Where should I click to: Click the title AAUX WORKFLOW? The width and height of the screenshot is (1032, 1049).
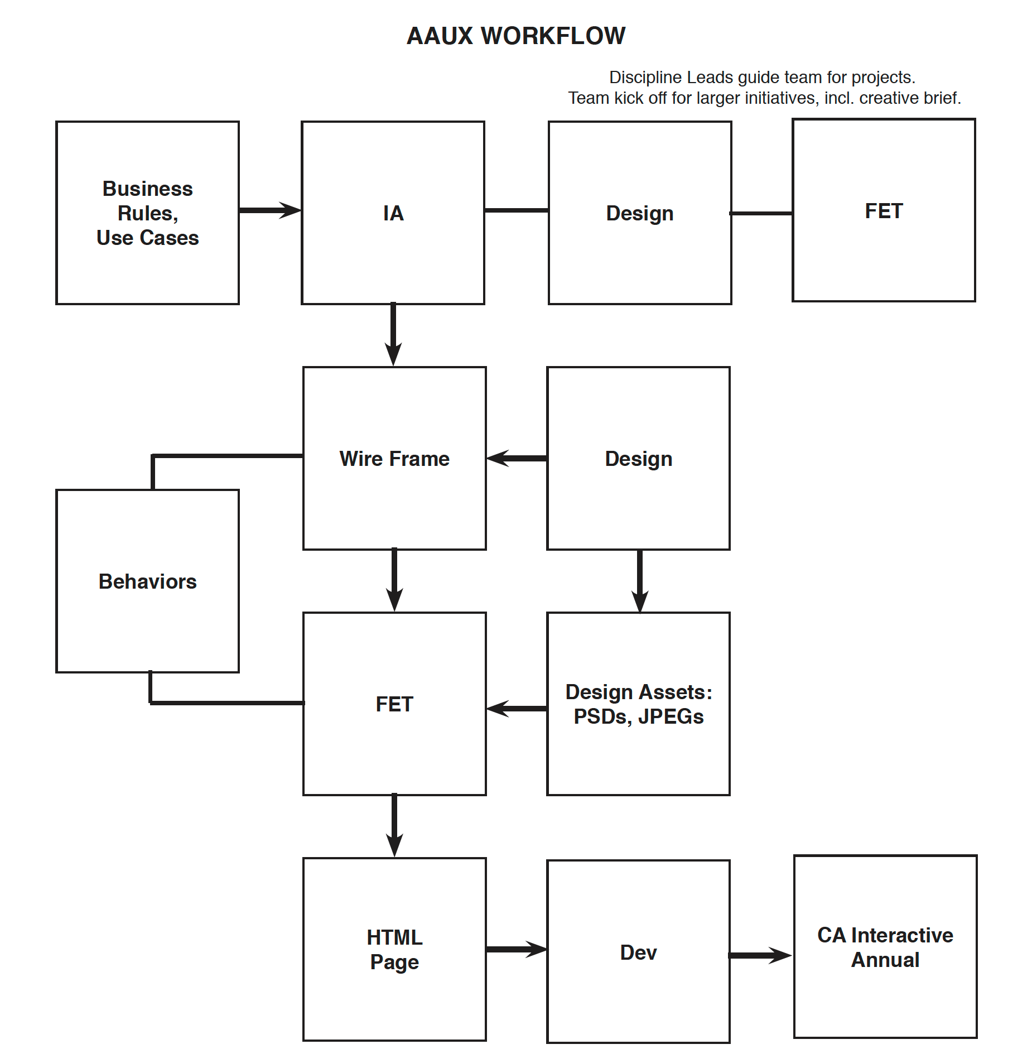516,36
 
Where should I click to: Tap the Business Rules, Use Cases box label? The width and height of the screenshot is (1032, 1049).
148,213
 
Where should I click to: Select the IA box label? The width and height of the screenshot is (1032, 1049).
393,213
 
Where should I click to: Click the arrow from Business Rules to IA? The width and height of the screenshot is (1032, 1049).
271,210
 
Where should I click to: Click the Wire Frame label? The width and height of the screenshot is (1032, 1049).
394,459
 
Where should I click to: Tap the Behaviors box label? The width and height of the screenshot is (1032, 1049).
148,581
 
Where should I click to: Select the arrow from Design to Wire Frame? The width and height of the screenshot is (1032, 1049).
517,458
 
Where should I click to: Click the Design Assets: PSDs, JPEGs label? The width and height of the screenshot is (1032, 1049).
639,704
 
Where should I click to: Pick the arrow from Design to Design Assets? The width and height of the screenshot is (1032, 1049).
640,581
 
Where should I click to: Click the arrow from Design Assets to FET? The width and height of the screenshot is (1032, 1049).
517,709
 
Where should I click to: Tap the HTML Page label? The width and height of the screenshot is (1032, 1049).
394,950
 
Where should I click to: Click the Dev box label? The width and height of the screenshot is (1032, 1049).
639,952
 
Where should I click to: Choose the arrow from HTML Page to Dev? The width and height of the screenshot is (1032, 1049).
517,949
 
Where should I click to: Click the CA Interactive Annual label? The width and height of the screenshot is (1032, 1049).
885,947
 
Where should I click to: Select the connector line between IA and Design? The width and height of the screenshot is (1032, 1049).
517,210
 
